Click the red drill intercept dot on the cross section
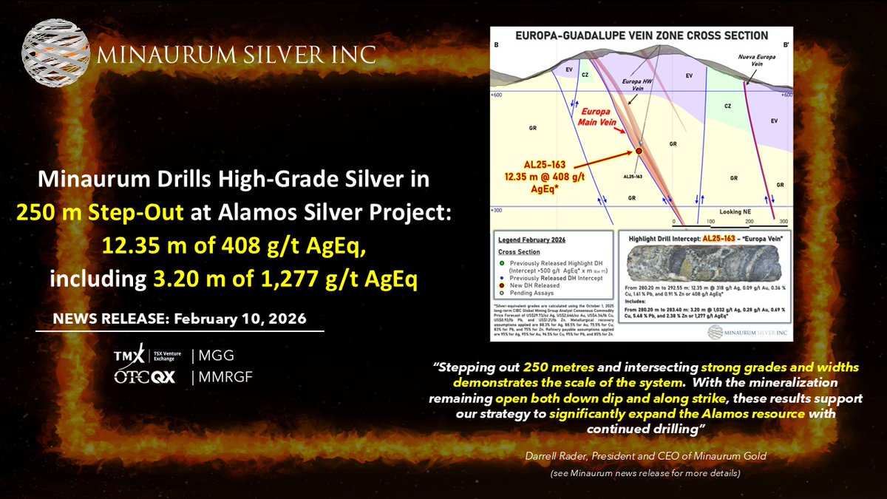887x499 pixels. point(638,151)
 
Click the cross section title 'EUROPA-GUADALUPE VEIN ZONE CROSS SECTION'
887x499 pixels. point(642,35)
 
